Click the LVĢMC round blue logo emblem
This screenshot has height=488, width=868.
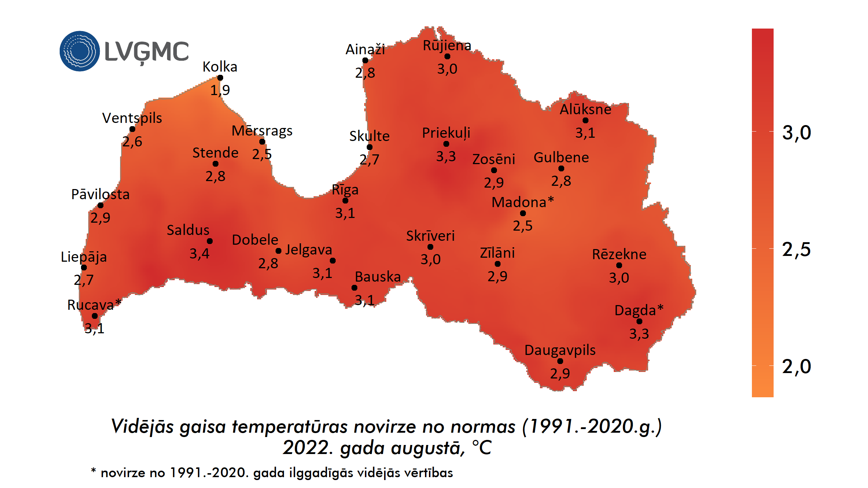tap(80, 51)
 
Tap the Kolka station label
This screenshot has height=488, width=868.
tap(220, 67)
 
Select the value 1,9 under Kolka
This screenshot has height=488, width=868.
tap(220, 90)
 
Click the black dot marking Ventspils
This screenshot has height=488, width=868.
tap(132, 129)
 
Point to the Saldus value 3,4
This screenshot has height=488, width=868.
tap(199, 254)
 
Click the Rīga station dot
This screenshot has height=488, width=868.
tap(345, 201)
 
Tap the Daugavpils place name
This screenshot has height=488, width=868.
tap(559, 350)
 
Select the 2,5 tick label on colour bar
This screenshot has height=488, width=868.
tap(796, 249)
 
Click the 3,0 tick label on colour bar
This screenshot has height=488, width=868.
tap(796, 133)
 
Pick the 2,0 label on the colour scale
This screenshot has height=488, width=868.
tap(796, 367)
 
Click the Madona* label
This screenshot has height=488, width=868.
tap(522, 202)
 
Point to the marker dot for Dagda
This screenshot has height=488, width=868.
tap(639, 321)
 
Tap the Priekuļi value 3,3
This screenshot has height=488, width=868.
tap(446, 157)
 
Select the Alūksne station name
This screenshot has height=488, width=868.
tap(585, 109)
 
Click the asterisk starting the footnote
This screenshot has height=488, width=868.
tap(93, 471)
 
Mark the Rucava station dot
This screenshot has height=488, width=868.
tap(95, 316)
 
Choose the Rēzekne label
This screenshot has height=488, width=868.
tap(619, 254)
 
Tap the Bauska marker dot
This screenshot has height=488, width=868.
tap(354, 288)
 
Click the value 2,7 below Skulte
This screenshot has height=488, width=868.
tap(369, 159)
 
